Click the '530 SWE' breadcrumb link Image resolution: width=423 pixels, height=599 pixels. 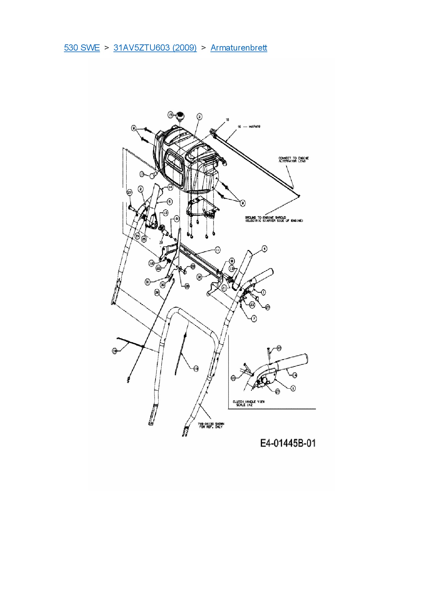[82, 47]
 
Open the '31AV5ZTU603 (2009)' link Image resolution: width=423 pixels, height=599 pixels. [155, 47]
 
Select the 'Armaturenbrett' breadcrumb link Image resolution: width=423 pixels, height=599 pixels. [239, 47]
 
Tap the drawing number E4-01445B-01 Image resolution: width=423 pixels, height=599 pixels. [288, 443]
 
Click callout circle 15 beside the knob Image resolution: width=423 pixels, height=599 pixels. [171, 115]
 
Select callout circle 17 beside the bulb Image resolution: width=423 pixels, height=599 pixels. [142, 174]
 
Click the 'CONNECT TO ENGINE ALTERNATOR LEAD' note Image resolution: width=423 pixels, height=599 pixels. [293, 159]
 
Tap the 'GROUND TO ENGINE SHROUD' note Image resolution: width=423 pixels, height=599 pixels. [274, 219]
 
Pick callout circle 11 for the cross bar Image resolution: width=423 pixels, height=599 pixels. [218, 250]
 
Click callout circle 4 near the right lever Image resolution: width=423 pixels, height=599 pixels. [264, 249]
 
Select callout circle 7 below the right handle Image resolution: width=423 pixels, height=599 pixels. [254, 319]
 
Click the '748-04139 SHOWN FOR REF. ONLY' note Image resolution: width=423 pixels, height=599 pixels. [211, 426]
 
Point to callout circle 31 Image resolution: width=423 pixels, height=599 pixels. [147, 282]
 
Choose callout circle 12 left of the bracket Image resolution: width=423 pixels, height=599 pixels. [151, 263]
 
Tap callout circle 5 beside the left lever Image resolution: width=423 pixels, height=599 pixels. [170, 202]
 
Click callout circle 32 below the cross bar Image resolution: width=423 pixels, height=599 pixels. [199, 277]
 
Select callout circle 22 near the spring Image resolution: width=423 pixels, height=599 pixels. [158, 268]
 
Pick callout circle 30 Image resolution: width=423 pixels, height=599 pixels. [163, 284]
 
